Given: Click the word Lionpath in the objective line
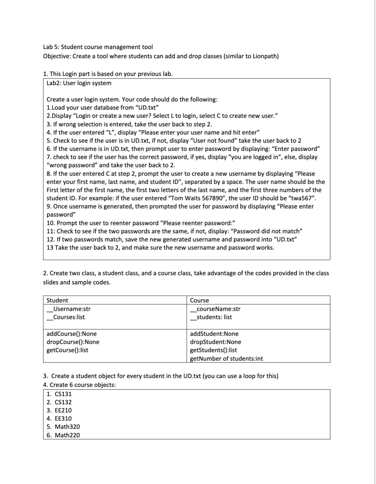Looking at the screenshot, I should point(265,56).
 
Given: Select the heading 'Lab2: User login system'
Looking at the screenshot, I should point(79,83).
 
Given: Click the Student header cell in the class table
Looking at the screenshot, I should point(57,300).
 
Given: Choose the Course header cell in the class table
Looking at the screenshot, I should point(200,300).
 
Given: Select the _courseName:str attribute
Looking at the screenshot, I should point(215,309).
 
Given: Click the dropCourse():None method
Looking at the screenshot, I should point(73,342).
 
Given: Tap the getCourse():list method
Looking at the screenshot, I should point(67,350).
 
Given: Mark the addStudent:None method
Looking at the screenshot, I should point(214,334).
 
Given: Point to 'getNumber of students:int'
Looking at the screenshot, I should point(226,358).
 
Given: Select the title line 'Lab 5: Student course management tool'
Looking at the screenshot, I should point(98,47).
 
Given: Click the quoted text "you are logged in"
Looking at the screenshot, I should point(251,157).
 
